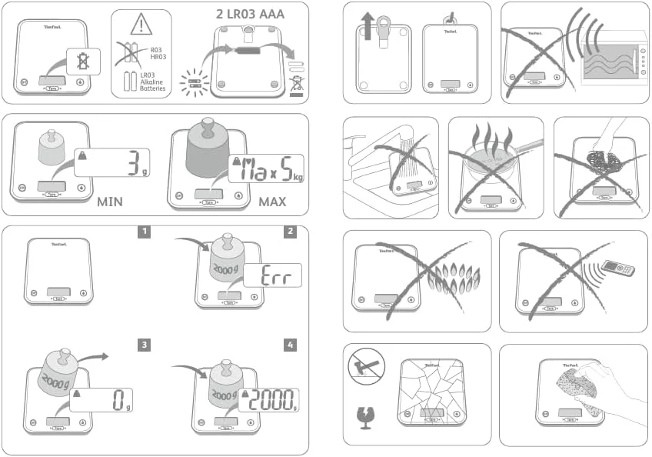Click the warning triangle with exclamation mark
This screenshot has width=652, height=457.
tap(141, 25)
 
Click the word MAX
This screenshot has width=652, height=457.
tap(273, 203)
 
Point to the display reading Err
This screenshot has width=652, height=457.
tap(272, 276)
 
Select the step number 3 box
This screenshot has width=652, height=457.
tap(144, 345)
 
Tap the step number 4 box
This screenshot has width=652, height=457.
tap(290, 345)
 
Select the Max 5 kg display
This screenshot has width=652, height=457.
tap(266, 170)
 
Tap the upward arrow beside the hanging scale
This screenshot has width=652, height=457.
tap(368, 28)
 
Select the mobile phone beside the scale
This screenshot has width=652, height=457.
tap(618, 269)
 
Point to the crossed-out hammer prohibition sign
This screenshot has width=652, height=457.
tap(366, 367)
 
